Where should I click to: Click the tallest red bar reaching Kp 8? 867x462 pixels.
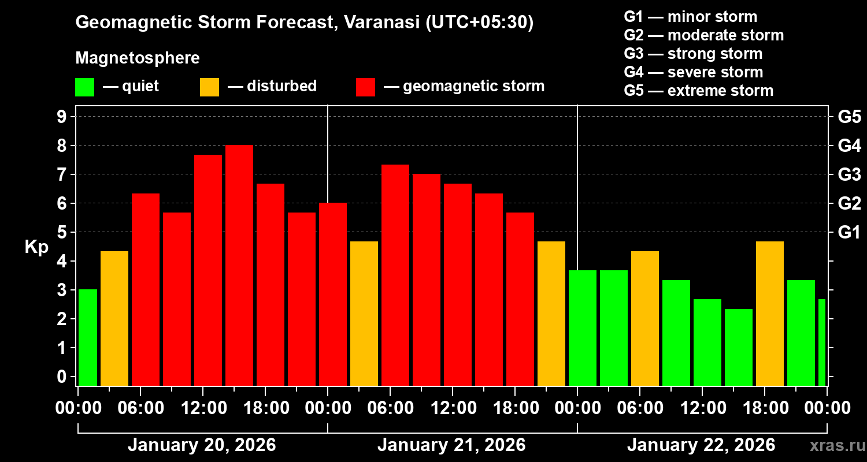239,266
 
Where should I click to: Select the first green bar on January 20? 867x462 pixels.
88,338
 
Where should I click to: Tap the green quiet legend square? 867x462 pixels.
84,87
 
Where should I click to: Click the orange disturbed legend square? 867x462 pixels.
209,87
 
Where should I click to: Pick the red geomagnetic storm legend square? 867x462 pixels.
366,87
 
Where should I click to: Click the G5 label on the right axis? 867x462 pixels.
849,117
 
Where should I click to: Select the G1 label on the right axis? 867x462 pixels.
849,233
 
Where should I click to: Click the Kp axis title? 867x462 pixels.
36,247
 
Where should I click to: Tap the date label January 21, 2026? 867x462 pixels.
451,445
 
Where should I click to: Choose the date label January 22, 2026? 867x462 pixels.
701,445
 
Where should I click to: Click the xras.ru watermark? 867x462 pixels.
836,446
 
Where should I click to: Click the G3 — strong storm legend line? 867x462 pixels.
693,54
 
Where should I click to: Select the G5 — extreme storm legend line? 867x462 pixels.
698,91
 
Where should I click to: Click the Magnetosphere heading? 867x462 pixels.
138,58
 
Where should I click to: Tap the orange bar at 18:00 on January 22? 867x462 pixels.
770,314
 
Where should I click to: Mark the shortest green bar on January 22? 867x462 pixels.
739,347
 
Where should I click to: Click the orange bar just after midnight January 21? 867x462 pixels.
364,314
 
